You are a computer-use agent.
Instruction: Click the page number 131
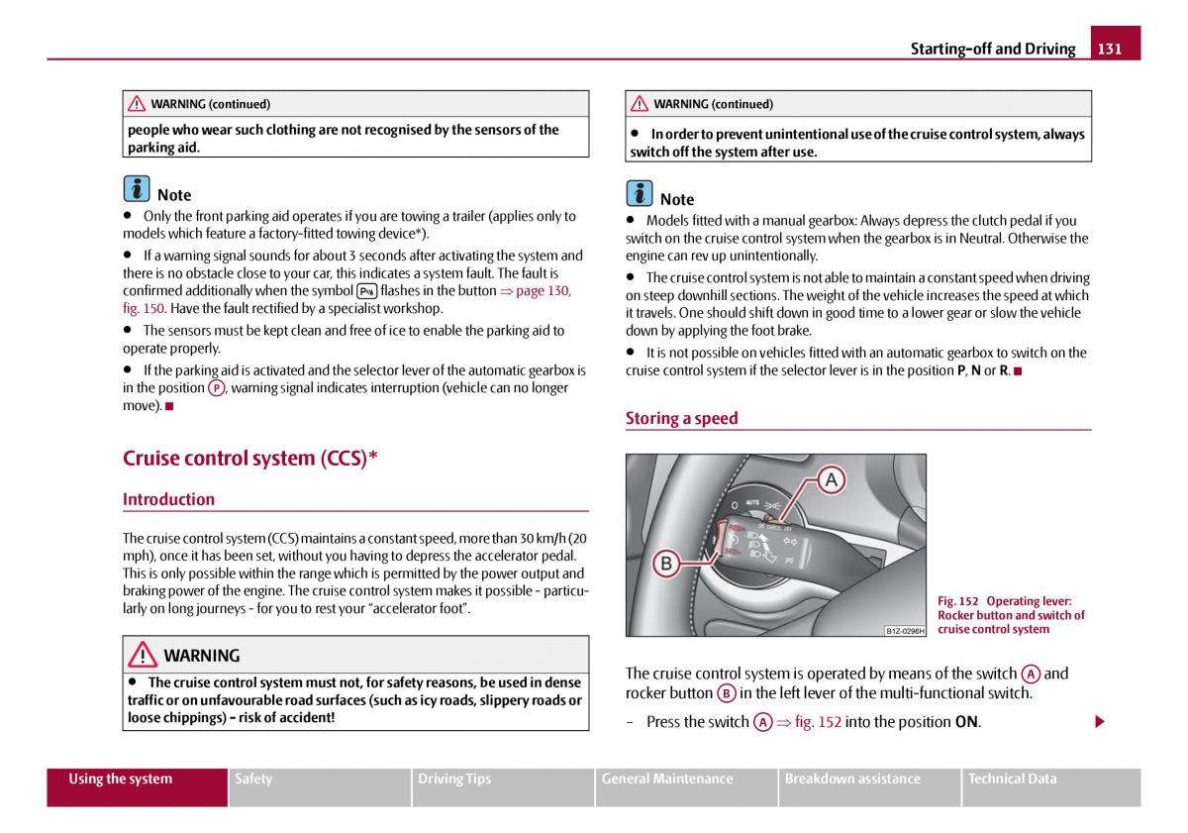point(1110,49)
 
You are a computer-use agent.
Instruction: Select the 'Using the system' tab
point(120,779)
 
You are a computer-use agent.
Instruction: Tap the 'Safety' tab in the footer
point(253,779)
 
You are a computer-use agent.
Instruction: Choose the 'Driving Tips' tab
point(454,779)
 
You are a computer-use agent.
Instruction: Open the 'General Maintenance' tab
point(667,779)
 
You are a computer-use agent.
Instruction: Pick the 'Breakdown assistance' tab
point(852,779)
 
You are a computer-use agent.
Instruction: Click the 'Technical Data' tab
point(1012,779)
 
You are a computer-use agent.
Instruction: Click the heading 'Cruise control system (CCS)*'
point(250,458)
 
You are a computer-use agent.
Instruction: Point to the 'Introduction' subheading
point(168,499)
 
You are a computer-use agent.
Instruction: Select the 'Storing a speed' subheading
point(681,418)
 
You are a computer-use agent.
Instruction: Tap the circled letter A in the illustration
point(831,480)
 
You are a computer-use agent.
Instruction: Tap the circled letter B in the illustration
point(666,564)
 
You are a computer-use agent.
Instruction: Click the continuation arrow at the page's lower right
point(1099,722)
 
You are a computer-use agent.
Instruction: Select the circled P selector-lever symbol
point(216,388)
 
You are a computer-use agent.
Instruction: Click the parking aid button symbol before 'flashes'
point(366,291)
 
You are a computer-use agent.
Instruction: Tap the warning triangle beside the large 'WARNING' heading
point(143,655)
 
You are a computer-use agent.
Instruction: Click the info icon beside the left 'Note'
point(137,189)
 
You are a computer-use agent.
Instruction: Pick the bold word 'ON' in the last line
point(966,722)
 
